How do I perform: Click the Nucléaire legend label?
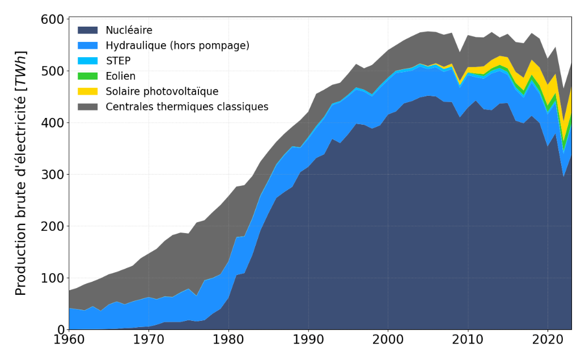pos(129,30)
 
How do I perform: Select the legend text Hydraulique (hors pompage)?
pos(177,45)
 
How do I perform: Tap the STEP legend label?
pos(118,61)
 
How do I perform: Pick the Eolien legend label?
pos(121,76)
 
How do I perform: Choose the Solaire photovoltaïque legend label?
pos(162,91)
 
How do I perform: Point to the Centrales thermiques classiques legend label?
pos(187,107)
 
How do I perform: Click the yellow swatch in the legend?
pos(88,91)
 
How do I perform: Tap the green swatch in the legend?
pos(88,76)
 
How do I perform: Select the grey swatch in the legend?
pos(88,107)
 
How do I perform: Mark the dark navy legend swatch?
pos(88,30)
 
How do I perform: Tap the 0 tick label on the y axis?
pos(60,329)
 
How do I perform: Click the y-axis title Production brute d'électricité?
pos(21,173)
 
